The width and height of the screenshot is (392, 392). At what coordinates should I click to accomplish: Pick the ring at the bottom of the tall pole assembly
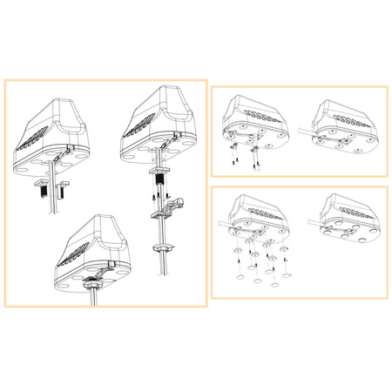(162, 247)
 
